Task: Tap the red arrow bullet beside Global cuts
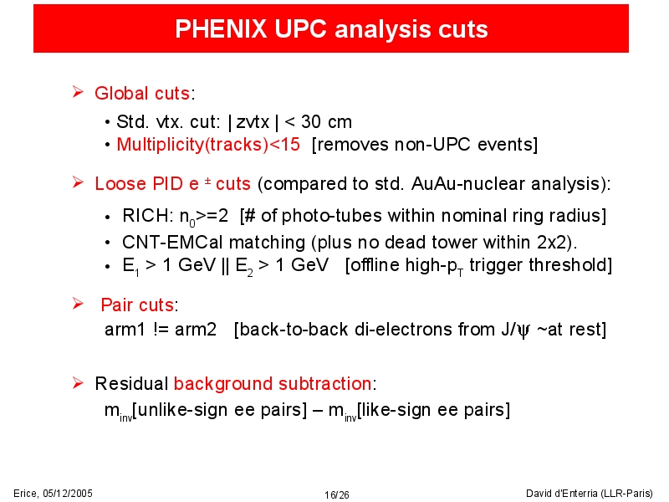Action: [x=78, y=92]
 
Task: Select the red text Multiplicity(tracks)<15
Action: [x=208, y=145]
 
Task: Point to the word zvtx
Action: [x=253, y=122]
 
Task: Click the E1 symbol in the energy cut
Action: [x=130, y=266]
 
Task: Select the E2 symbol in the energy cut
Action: [x=244, y=266]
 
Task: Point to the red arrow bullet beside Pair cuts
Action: [x=78, y=304]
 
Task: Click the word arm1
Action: [x=125, y=330]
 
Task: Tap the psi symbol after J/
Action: [x=523, y=330]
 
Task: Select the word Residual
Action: [x=131, y=384]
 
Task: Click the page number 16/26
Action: [x=337, y=494]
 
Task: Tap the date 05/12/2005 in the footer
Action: [x=68, y=494]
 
